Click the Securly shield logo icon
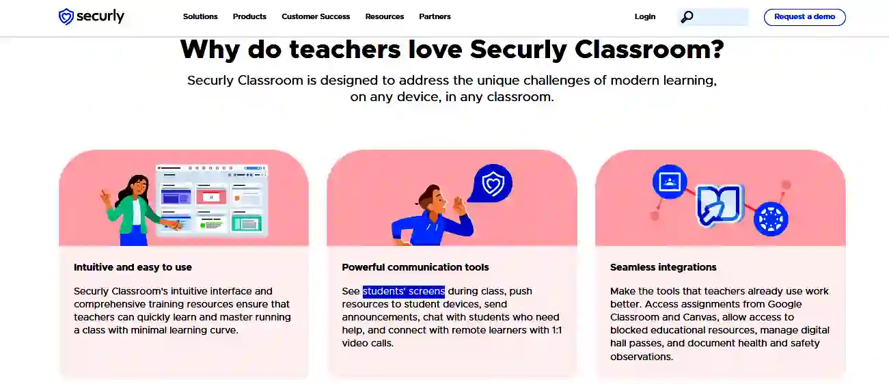tap(66, 16)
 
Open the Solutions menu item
tap(200, 16)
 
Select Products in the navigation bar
tap(249, 16)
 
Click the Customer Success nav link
tap(316, 16)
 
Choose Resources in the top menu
tap(384, 16)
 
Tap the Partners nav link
tap(435, 16)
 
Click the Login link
tap(644, 16)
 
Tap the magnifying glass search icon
tap(687, 17)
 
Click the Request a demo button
tap(804, 17)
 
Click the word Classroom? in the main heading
tap(649, 50)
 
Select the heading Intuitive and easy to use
tap(133, 267)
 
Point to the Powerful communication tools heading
tap(415, 267)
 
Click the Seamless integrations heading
tap(664, 267)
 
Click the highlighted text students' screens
tap(404, 291)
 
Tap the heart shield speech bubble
tap(491, 184)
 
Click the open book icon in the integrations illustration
tap(719, 206)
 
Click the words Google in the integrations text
tap(784, 304)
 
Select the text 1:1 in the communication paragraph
tap(557, 330)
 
